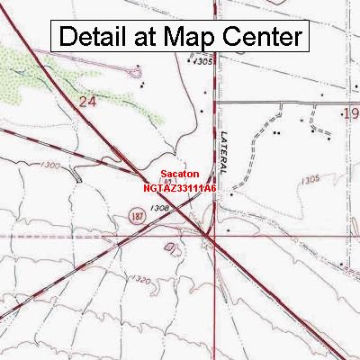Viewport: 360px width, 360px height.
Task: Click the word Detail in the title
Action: [94, 37]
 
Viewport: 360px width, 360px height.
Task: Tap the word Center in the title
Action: [262, 37]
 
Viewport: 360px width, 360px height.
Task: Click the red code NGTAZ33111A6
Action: [180, 188]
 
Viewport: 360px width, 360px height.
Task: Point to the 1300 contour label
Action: [50, 166]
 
